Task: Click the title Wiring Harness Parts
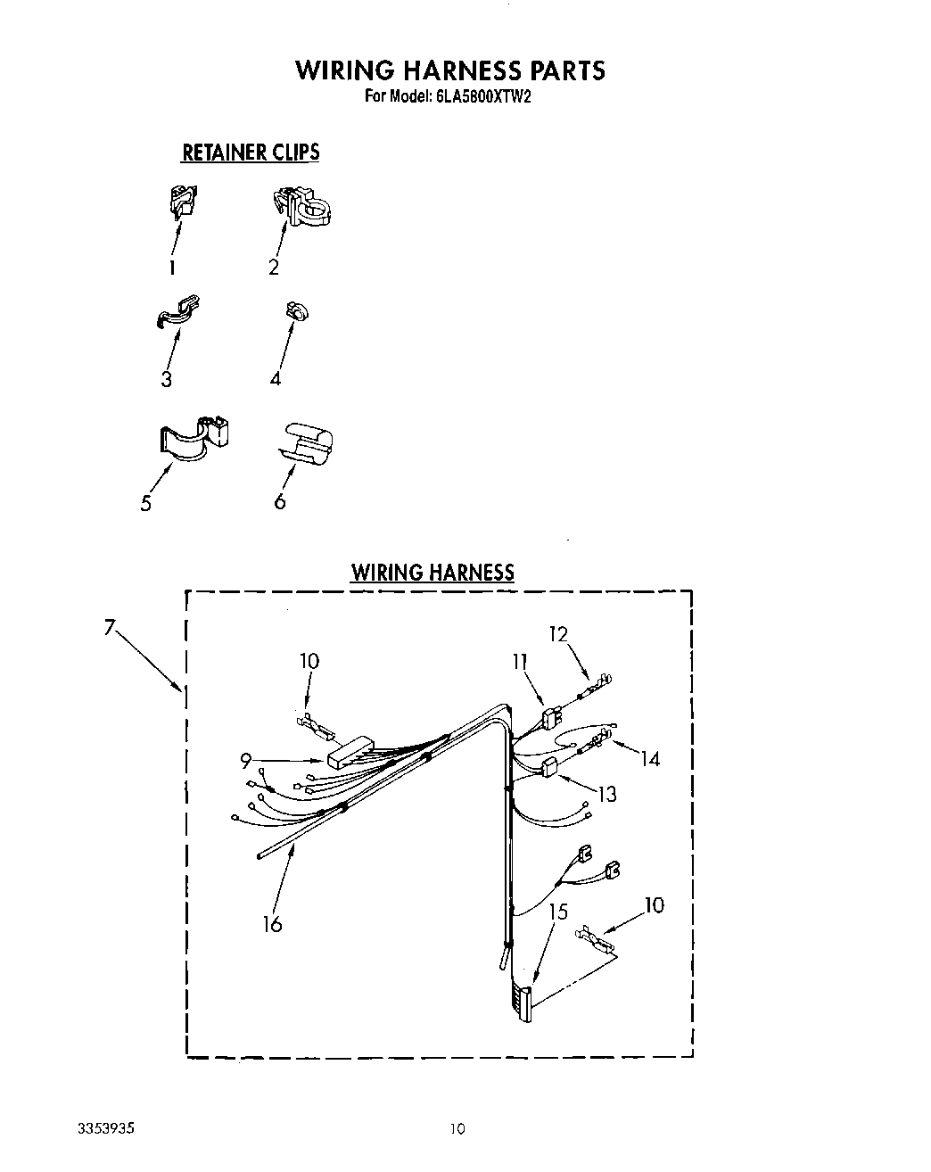coord(450,70)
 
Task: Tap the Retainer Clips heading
coord(251,153)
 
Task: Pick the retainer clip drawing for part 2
coord(302,207)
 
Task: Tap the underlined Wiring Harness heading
coord(433,573)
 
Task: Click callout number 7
coord(110,628)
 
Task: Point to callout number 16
coord(273,924)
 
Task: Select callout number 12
coord(558,634)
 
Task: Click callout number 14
coord(650,758)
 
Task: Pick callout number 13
coord(606,793)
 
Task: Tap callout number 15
coord(558,912)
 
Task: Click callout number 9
coord(245,761)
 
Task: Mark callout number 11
coord(520,661)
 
